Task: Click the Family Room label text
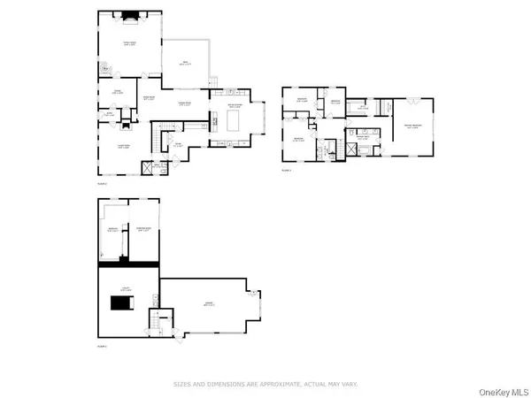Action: (x=128, y=42)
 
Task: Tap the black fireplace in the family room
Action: (x=128, y=14)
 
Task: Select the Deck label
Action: (x=186, y=63)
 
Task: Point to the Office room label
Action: (x=116, y=91)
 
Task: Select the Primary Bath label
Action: (x=362, y=136)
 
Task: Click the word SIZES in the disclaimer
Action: (x=182, y=384)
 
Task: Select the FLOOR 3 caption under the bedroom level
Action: (x=287, y=169)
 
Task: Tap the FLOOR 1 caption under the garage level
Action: (x=103, y=346)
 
